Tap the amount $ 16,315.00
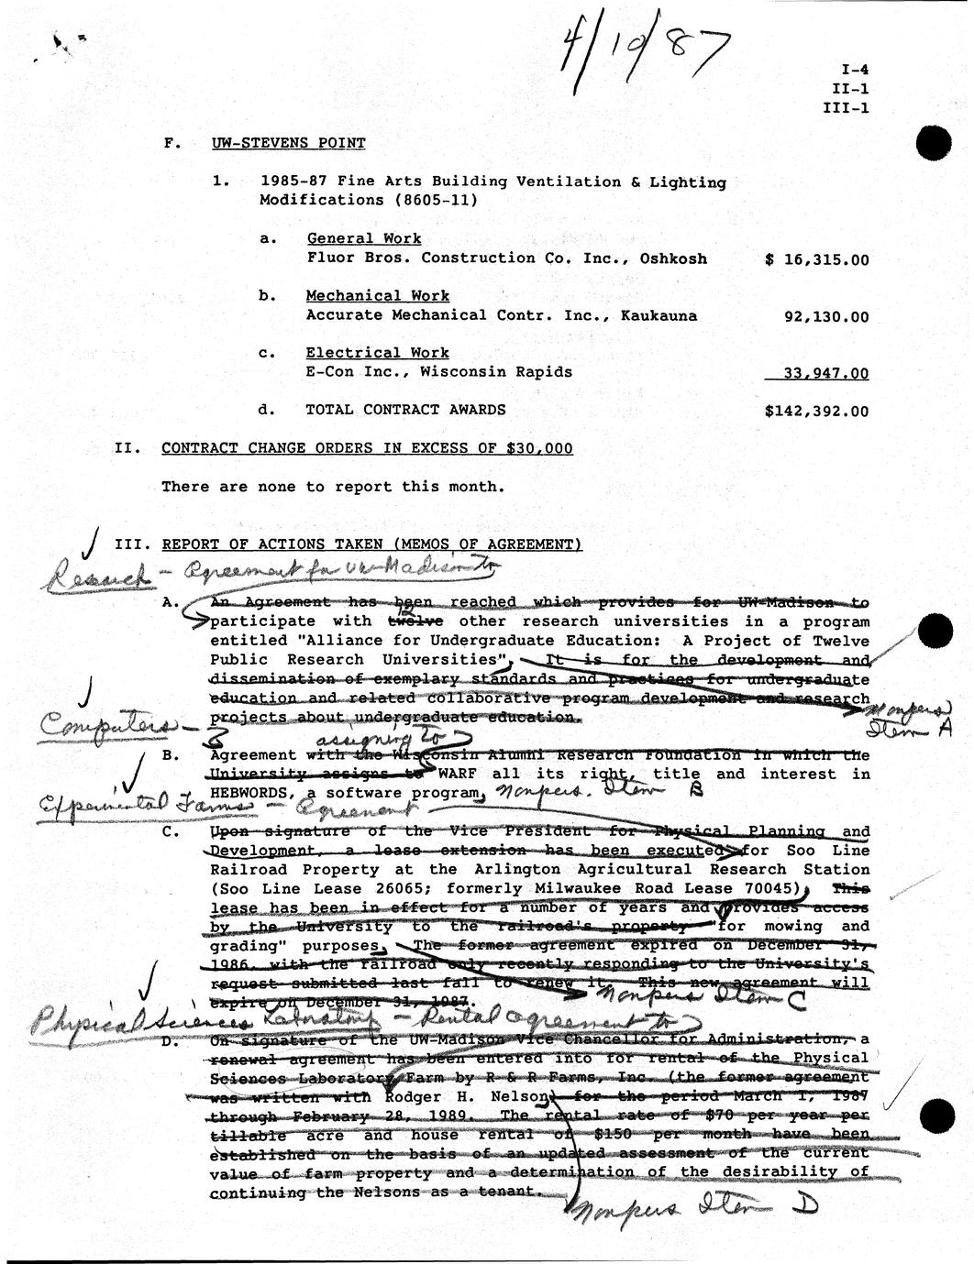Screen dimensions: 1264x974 [x=816, y=259]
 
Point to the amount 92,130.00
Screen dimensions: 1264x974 [x=825, y=316]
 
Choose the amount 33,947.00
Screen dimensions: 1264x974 [x=825, y=373]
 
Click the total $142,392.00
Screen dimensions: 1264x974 [x=816, y=412]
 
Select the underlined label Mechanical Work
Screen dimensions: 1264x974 [x=377, y=296]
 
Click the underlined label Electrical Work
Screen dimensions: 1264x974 [x=377, y=353]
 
